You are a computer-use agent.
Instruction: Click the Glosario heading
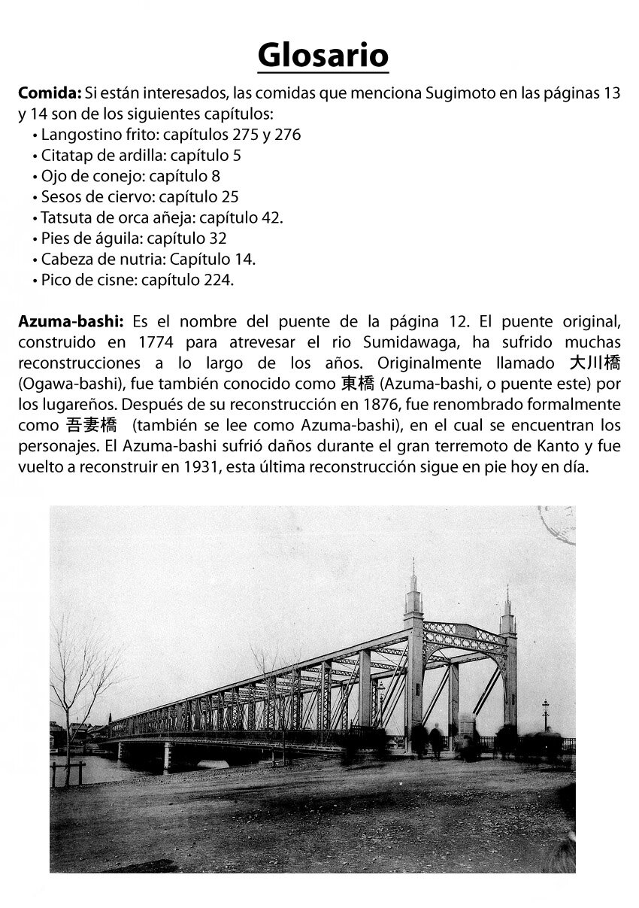[x=323, y=55]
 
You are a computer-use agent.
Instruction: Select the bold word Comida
[x=49, y=94]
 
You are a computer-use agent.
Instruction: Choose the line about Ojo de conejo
[x=130, y=176]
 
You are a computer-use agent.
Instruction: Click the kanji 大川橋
[x=595, y=363]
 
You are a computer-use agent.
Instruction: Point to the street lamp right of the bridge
[x=545, y=715]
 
